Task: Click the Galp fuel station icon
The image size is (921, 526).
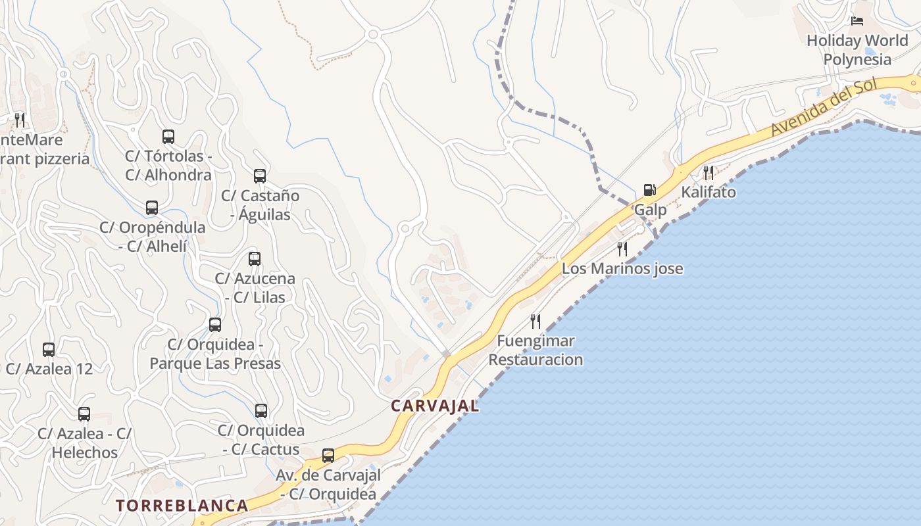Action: (649, 191)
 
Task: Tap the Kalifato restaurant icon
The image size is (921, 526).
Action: (709, 173)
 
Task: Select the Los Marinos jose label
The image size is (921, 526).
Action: (622, 269)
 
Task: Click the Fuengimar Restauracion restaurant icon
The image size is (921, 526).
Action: (535, 322)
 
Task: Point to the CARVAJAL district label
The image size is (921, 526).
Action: (435, 406)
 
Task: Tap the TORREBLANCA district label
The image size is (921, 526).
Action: (182, 506)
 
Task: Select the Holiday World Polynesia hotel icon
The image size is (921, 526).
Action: (857, 21)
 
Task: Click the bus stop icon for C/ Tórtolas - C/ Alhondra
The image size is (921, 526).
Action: (168, 137)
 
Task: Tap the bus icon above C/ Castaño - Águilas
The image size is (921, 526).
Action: (260, 176)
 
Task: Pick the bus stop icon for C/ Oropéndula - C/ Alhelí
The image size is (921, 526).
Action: (152, 208)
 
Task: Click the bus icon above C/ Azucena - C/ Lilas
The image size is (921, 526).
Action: (255, 259)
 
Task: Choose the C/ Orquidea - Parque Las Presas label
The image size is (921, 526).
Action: (215, 354)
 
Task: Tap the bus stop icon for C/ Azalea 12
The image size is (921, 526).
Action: (49, 350)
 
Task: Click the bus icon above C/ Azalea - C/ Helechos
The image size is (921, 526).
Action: (84, 414)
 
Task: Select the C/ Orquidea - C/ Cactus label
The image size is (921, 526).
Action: (261, 440)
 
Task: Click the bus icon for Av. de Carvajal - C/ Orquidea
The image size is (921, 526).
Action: (328, 456)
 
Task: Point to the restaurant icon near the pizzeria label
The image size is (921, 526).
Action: (20, 120)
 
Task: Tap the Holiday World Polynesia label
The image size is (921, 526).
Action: (857, 50)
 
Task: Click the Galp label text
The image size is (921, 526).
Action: (650, 210)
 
